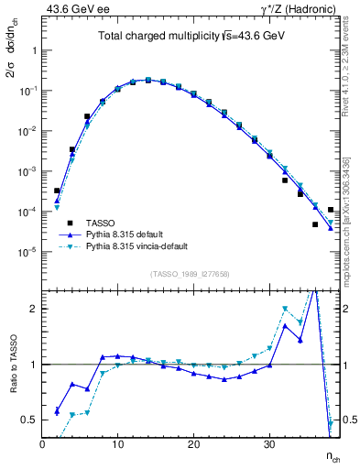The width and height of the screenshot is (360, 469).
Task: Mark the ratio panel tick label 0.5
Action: (28, 420)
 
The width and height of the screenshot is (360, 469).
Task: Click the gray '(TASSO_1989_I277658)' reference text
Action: (190, 273)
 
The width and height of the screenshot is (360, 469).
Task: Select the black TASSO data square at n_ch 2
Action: (57, 191)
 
